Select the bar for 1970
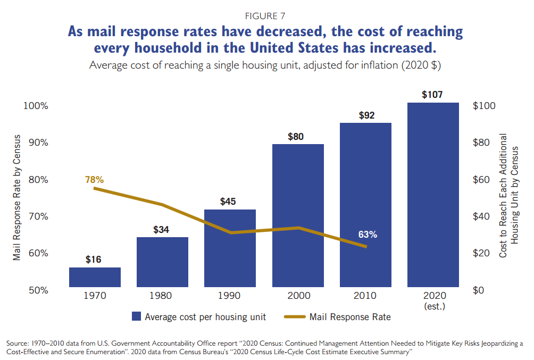[x=95, y=277]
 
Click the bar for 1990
[x=230, y=248]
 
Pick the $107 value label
[x=432, y=95]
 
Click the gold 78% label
[x=94, y=180]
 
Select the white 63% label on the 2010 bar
[x=367, y=235]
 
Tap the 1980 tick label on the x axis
[x=162, y=296]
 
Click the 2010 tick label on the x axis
[x=365, y=296]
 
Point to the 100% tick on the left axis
[x=36, y=106]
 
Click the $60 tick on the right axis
[x=484, y=180]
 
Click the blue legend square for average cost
[x=137, y=317]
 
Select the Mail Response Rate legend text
[x=350, y=317]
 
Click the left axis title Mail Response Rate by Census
[x=17, y=198]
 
